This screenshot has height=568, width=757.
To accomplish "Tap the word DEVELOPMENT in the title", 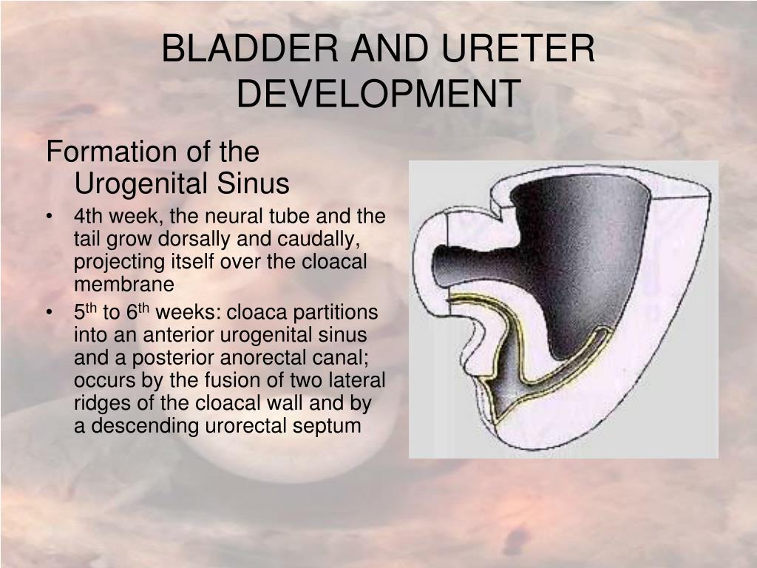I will (378, 94).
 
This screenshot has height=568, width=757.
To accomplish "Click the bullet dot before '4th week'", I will (49, 217).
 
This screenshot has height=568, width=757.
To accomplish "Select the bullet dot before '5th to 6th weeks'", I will (49, 313).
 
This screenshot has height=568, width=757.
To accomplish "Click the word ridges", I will (101, 404).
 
